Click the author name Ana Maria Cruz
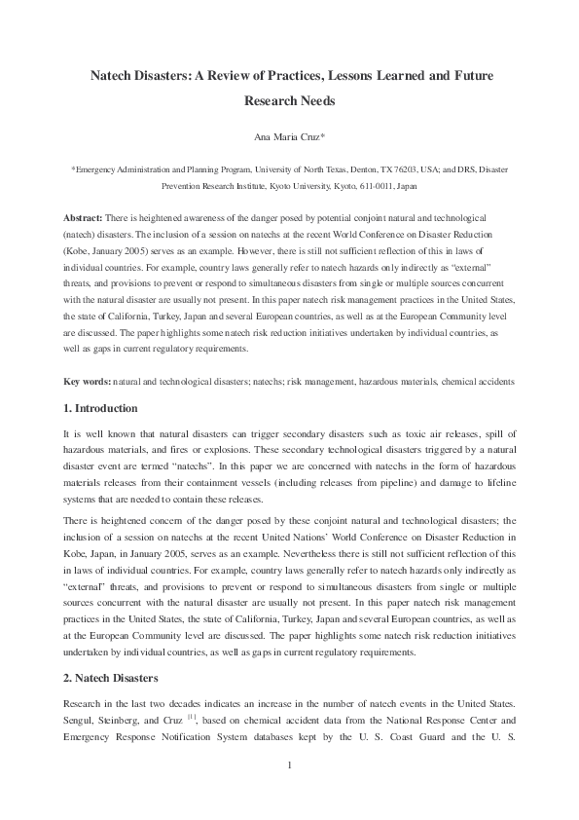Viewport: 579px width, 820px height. (288, 137)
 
